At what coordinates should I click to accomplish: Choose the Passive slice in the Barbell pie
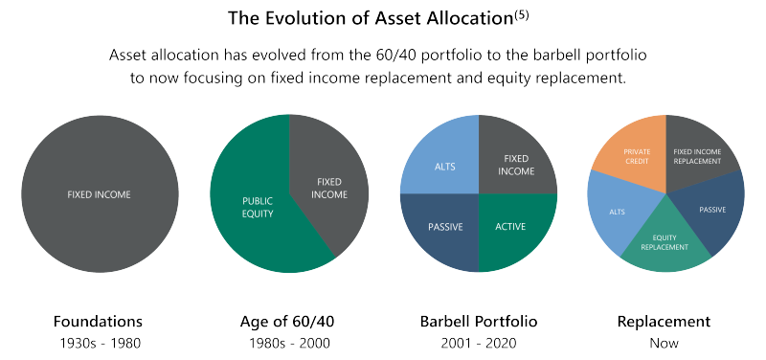click(442, 227)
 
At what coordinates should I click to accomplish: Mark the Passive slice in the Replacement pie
click(712, 209)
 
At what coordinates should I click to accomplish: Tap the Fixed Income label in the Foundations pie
click(99, 194)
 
